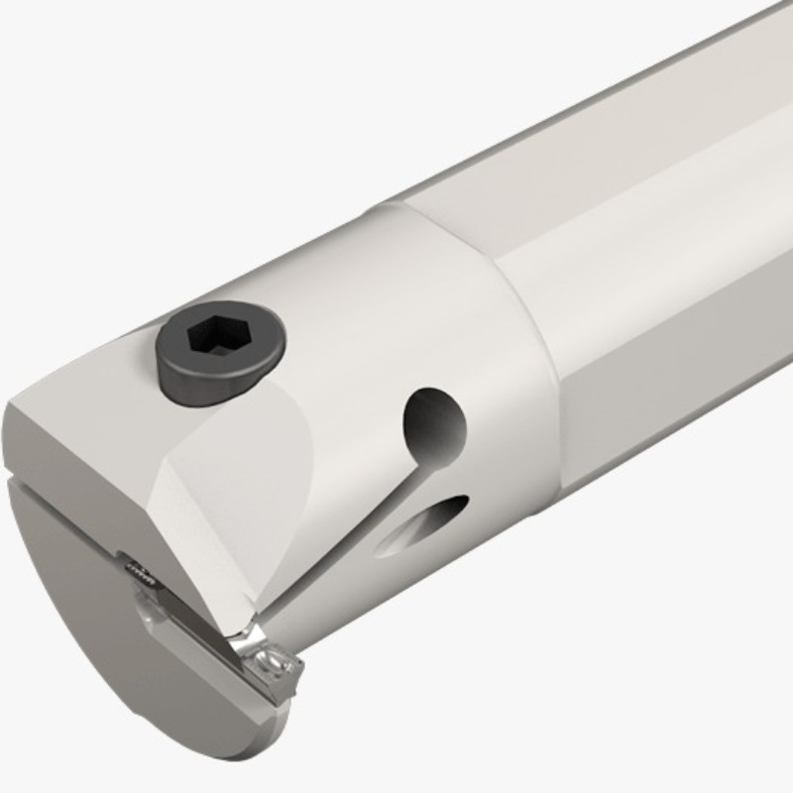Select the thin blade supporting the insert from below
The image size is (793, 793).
coord(198,634)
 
